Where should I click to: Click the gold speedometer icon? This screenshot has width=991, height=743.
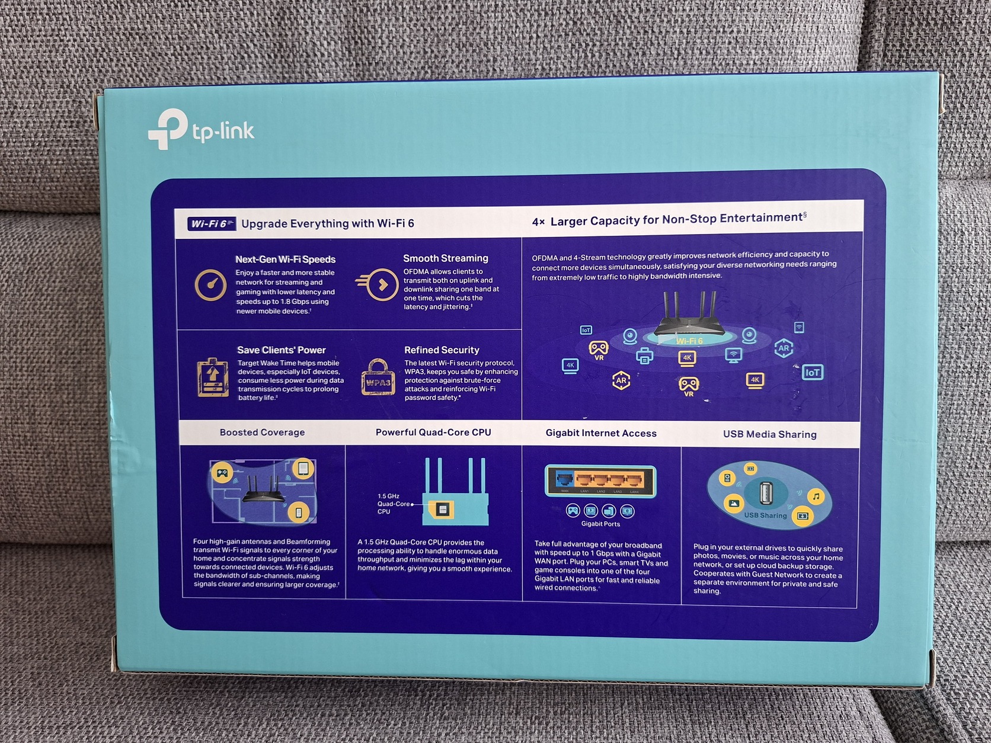click(x=210, y=285)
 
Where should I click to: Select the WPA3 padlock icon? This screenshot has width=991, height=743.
click(x=378, y=378)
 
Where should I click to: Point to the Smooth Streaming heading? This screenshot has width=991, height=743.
click(x=445, y=258)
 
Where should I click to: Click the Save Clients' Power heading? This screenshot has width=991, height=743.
click(x=281, y=350)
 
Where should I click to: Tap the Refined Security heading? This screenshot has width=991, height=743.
click(x=442, y=350)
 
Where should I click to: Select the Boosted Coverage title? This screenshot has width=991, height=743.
click(x=262, y=433)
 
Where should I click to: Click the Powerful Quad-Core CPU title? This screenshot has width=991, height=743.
click(x=433, y=433)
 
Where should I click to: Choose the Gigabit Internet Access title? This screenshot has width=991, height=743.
click(x=601, y=433)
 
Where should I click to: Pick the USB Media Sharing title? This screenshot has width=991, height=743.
click(x=769, y=434)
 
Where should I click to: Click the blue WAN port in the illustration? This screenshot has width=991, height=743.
click(x=564, y=479)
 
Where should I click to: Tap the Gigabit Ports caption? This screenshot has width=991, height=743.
click(x=600, y=524)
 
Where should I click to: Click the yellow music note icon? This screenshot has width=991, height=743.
click(x=816, y=497)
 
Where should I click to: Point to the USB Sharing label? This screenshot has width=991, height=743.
click(x=765, y=515)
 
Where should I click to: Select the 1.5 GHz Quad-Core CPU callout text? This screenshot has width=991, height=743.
click(x=393, y=504)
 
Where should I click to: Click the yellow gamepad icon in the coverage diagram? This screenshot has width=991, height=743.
click(x=222, y=472)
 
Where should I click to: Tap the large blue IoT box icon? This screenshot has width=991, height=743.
click(x=812, y=372)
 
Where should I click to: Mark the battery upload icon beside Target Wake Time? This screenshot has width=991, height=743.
click(x=213, y=377)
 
